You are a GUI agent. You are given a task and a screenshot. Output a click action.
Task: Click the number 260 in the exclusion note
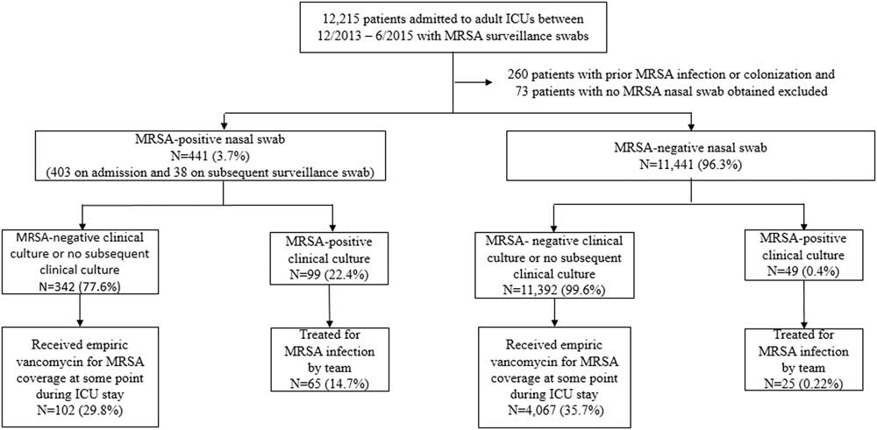(x=517, y=74)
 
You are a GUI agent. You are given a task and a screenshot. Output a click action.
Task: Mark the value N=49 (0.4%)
(x=803, y=273)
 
